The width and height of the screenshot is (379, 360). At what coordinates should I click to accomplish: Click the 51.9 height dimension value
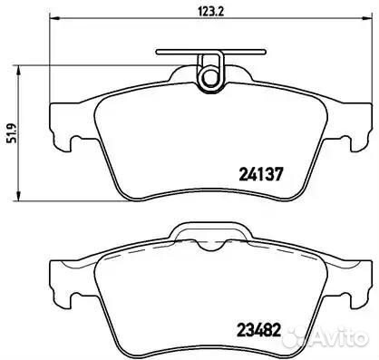point(11,133)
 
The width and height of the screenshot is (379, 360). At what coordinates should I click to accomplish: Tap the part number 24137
point(261,174)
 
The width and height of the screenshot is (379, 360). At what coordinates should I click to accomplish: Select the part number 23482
point(259,330)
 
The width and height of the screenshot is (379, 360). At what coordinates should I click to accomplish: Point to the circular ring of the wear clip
point(210,77)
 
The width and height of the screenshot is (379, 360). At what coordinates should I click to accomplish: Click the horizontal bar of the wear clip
point(211,52)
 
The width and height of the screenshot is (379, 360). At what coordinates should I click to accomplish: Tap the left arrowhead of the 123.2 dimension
point(53,18)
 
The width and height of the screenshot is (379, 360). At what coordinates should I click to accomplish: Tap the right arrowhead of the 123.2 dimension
point(366,18)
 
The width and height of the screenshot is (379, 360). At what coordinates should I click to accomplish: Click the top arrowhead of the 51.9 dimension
point(18,71)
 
